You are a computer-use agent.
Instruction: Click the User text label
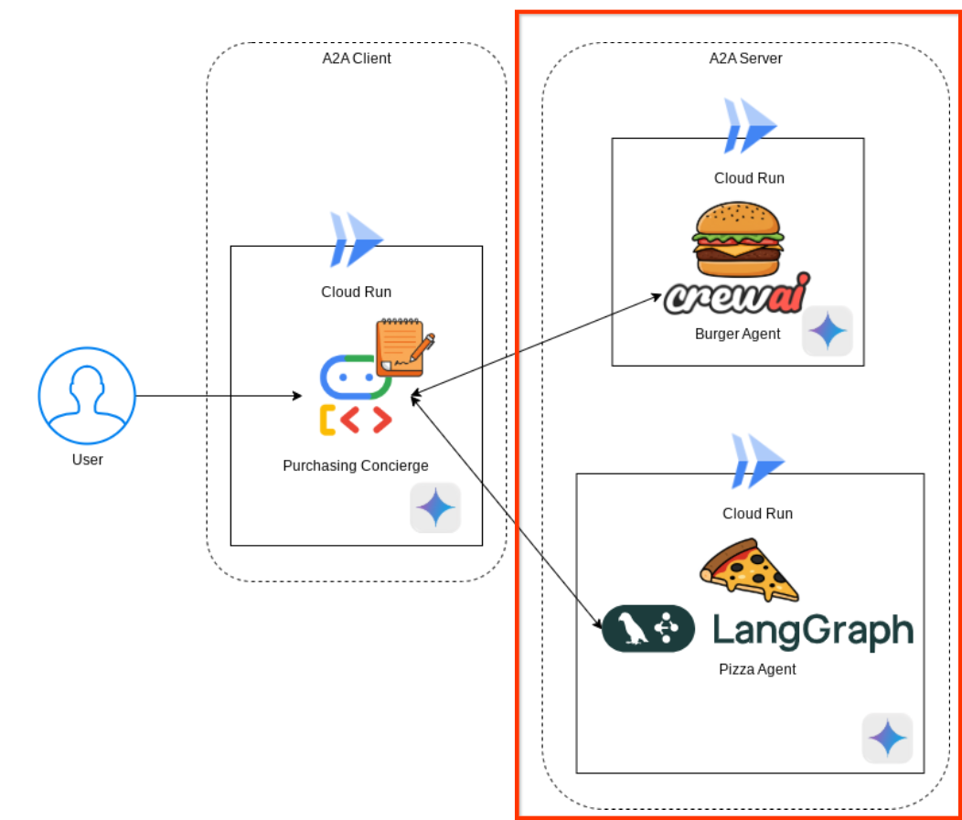[x=88, y=459]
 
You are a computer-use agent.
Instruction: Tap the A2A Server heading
[x=745, y=59]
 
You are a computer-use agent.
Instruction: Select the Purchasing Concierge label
[x=356, y=465]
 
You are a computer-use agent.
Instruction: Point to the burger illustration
[x=738, y=240]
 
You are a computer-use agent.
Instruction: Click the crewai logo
[x=737, y=295]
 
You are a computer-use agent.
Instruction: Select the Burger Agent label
[x=738, y=334]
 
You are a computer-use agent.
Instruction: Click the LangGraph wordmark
[x=812, y=630]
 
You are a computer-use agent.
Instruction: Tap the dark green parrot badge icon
[x=648, y=629]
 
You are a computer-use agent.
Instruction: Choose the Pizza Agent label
[x=757, y=669]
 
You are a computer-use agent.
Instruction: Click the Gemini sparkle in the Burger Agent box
[x=828, y=331]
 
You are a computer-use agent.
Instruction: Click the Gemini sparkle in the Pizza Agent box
[x=887, y=738]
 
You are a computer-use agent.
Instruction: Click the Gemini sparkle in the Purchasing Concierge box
[x=435, y=507]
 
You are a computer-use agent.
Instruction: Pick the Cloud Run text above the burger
[x=749, y=177]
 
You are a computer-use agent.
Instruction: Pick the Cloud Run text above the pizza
[x=757, y=513]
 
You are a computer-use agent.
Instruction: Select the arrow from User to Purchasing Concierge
[x=219, y=396]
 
